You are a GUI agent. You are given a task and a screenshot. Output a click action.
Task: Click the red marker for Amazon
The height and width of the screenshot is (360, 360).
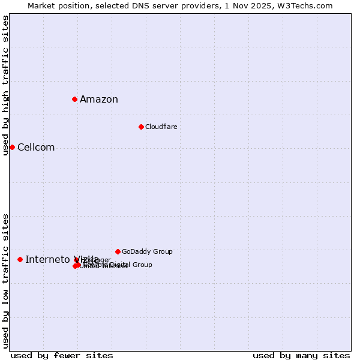pyautogui.click(x=74, y=99)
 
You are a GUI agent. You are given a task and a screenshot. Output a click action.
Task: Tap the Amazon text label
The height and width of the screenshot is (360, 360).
pyautogui.click(x=99, y=100)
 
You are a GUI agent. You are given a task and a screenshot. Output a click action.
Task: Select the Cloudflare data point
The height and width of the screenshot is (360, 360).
pyautogui.click(x=141, y=127)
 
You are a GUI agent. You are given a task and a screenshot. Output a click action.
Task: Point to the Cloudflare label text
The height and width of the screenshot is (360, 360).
pyautogui.click(x=161, y=127)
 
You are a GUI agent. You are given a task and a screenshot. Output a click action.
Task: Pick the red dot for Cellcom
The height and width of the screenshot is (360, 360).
pyautogui.click(x=12, y=147)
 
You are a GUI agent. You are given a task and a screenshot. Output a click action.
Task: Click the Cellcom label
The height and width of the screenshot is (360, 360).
pyautogui.click(x=36, y=148)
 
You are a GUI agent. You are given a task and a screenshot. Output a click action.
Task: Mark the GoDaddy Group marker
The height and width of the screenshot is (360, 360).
pyautogui.click(x=118, y=251)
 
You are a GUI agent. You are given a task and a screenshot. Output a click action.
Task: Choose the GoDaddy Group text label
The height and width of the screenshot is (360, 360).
pyautogui.click(x=147, y=251)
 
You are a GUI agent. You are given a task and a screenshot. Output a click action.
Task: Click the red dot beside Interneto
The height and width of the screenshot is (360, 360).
pyautogui.click(x=20, y=259)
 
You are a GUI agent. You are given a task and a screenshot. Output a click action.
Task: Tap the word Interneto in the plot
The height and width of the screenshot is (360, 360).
pyautogui.click(x=47, y=259)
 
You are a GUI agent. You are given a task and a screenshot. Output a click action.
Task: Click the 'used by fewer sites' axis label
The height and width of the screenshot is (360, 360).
pyautogui.click(x=62, y=355)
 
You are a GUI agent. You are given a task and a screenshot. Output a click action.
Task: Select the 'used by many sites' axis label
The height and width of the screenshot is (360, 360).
pyautogui.click(x=301, y=355)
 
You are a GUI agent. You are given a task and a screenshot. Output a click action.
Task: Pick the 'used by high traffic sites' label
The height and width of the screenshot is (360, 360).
pyautogui.click(x=5, y=85)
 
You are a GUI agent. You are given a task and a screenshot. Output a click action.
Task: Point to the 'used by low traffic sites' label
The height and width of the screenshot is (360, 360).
pyautogui.click(x=5, y=281)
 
